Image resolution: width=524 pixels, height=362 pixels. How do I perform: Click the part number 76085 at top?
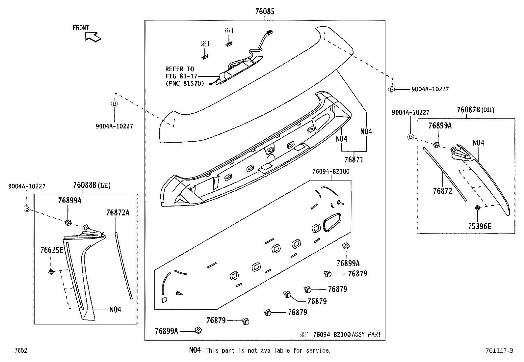pos(265,12)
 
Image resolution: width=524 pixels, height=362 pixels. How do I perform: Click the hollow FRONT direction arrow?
pos(93,37)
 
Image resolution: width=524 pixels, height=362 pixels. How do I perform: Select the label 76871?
pos(354,160)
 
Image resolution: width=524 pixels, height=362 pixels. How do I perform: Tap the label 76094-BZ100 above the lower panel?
pos(331,172)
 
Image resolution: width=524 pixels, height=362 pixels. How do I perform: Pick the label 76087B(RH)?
pos(476,110)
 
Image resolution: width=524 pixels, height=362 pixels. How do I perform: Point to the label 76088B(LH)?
pos(92,185)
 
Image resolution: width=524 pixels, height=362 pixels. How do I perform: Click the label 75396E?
pos(480,226)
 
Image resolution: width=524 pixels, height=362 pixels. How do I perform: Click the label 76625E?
pos(52,250)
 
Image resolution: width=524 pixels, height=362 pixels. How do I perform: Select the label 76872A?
pos(118,213)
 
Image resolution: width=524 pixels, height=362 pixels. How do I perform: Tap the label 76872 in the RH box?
pos(442,191)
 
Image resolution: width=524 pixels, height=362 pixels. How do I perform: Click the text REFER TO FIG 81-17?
pos(180,73)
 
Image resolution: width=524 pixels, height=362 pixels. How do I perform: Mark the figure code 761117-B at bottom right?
pos(499,351)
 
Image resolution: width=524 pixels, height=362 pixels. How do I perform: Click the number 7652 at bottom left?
pos(20,351)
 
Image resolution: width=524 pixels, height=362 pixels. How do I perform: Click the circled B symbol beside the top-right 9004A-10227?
pos(391,89)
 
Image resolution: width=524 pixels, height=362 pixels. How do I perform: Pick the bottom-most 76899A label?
pos(166,331)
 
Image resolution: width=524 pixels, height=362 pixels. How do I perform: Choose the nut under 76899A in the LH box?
pos(68,223)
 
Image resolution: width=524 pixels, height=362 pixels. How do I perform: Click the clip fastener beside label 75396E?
pos(477,208)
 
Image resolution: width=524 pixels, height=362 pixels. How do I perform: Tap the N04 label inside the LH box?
pos(115,310)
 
